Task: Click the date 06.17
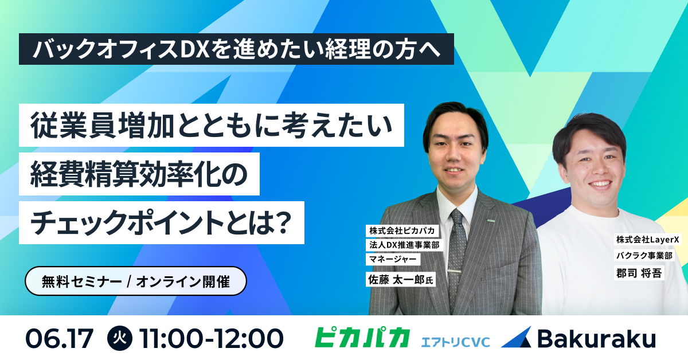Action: point(60,338)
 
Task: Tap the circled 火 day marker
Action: point(120,338)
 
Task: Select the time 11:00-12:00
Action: point(212,338)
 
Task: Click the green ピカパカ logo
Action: point(362,337)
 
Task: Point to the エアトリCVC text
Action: point(455,342)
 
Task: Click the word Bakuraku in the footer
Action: point(596,338)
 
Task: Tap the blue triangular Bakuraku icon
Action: point(517,337)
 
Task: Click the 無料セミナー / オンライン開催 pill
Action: point(136,281)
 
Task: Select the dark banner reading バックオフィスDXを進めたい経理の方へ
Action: point(236,49)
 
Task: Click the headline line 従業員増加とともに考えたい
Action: point(212,126)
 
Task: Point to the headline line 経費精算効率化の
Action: point(139,174)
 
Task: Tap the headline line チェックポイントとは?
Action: point(162,222)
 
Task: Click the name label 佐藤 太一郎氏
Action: point(401,279)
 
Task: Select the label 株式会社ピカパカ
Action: point(402,230)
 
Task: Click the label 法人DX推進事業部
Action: point(404,245)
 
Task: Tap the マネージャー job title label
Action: point(393,259)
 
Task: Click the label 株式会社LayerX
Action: point(647,240)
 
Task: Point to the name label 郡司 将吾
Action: point(639,273)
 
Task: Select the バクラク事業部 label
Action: point(644,255)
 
